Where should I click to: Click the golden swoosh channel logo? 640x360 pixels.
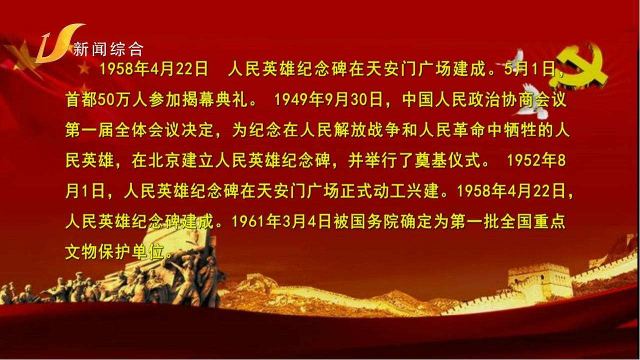(x=57, y=43)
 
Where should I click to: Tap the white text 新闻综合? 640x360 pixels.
(x=108, y=49)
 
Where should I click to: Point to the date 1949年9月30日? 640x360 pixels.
(x=328, y=99)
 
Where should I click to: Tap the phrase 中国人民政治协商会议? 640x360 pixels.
(x=484, y=99)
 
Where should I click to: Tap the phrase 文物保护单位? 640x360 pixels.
(x=115, y=251)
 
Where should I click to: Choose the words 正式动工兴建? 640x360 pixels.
(x=389, y=191)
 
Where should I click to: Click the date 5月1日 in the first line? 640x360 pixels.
(x=529, y=69)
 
